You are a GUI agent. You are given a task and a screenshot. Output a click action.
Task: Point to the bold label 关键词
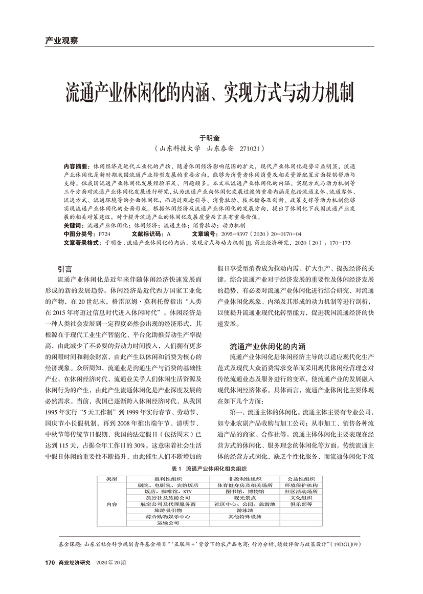pyautogui.click(x=74, y=225)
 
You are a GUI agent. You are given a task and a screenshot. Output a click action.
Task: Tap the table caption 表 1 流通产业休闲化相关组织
pyautogui.click(x=209, y=468)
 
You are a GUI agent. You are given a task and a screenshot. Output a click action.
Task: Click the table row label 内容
pyautogui.click(x=112, y=504)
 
